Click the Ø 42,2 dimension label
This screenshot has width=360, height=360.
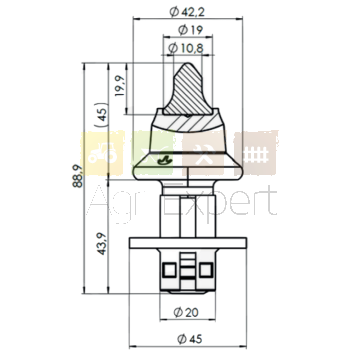click(187, 12)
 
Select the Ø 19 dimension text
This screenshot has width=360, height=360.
click(190, 30)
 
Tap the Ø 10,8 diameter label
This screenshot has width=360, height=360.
click(186, 48)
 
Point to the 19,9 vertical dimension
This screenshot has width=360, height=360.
click(119, 86)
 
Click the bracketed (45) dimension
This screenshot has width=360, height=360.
click(102, 115)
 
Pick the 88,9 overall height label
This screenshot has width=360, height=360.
click(78, 176)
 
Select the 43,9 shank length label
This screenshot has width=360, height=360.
click(102, 244)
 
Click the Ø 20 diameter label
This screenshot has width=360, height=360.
click(186, 313)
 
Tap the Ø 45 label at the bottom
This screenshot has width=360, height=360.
click(190, 339)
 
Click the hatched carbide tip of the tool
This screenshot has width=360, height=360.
click(187, 92)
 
